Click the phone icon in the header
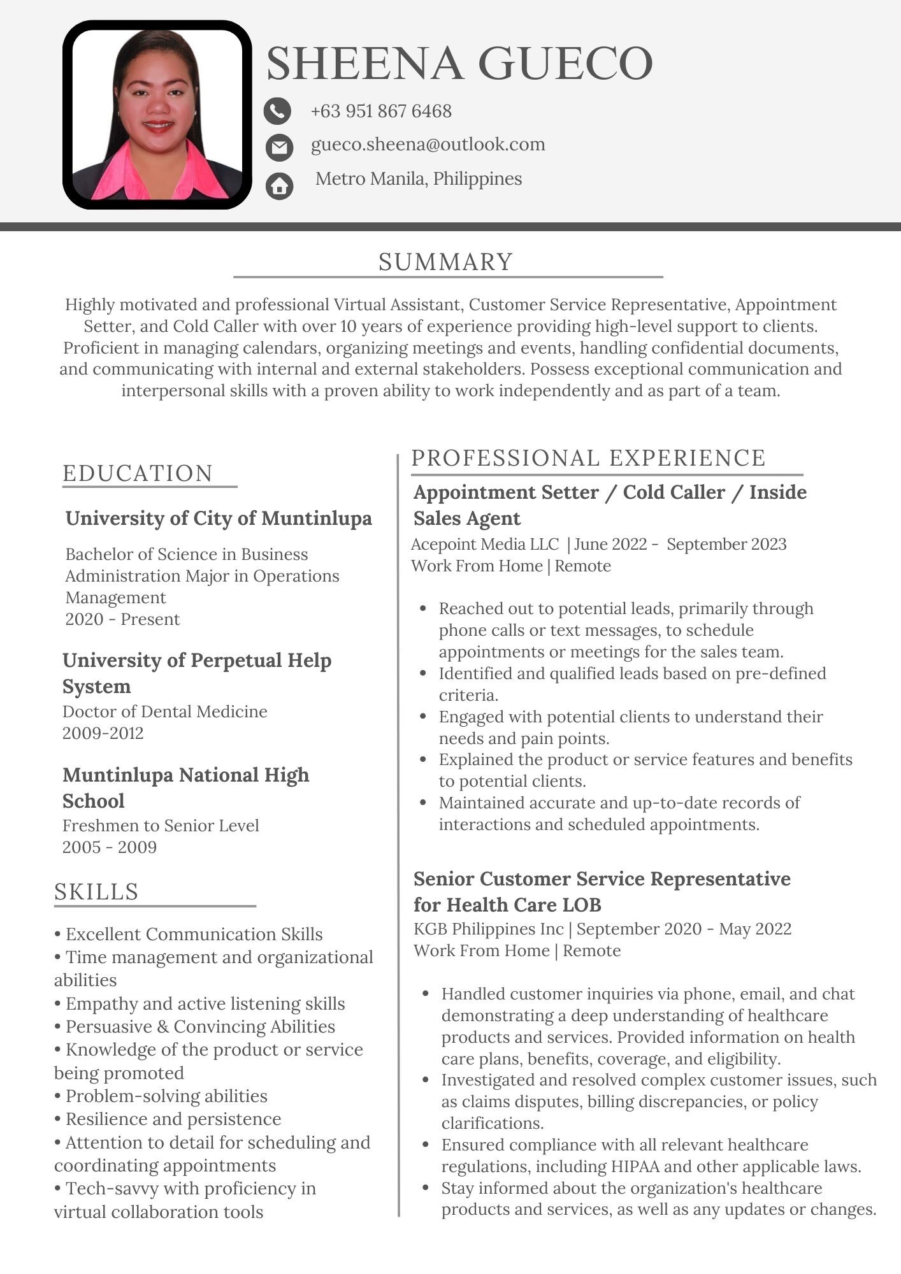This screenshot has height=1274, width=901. tap(277, 111)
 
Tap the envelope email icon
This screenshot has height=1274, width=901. tap(279, 147)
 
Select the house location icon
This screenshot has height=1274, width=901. tap(279, 186)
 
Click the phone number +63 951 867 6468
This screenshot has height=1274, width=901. tap(381, 111)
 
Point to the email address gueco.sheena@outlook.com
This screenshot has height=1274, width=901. tap(428, 145)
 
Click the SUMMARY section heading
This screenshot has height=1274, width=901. tap(446, 262)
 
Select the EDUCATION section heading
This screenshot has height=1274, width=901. tap(138, 473)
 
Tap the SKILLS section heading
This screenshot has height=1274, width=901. tap(96, 891)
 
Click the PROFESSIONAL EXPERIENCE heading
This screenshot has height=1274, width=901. tap(588, 458)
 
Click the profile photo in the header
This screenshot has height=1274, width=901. tap(157, 115)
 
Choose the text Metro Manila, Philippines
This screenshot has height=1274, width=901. tap(419, 179)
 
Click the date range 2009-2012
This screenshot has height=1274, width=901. tap(103, 733)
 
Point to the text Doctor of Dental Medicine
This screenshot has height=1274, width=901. tap(165, 712)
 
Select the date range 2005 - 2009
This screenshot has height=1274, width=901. tap(110, 847)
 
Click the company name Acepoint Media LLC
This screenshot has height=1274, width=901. tap(485, 545)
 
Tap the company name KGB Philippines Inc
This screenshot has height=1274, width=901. tap(489, 929)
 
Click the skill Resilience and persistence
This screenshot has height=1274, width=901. tap(173, 1119)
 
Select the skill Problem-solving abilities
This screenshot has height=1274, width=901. tap(166, 1096)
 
